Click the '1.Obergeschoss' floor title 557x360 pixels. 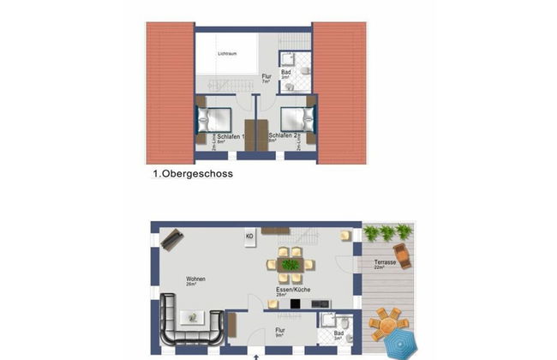pyautogui.click(x=193, y=173)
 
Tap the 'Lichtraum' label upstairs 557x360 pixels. pyautogui.click(x=226, y=54)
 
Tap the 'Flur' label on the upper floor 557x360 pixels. pyautogui.click(x=267, y=77)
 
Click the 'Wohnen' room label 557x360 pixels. pyautogui.click(x=195, y=279)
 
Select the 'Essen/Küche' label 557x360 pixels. pyautogui.click(x=293, y=291)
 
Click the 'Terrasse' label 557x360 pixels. pyautogui.click(x=386, y=262)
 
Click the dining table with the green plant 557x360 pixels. pyautogui.click(x=291, y=264)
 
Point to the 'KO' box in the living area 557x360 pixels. pyautogui.click(x=250, y=235)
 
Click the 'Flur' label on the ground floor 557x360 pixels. pyautogui.click(x=279, y=329)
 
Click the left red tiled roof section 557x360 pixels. pyautogui.click(x=170, y=92)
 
